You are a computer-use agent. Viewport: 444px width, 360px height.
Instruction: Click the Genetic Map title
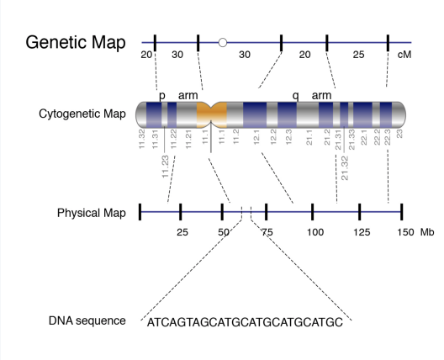click(x=77, y=41)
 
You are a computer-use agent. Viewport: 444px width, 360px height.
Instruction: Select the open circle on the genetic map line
click(x=222, y=41)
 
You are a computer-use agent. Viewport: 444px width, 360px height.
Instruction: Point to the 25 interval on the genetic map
click(x=358, y=55)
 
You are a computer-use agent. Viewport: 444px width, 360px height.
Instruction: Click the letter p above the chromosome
click(x=162, y=95)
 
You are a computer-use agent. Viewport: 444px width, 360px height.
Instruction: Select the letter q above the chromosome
click(x=295, y=95)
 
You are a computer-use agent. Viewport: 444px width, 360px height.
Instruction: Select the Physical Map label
click(x=92, y=213)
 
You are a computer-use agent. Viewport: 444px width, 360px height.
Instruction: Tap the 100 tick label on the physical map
click(x=314, y=231)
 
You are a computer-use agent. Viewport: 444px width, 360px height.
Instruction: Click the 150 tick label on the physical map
click(x=405, y=231)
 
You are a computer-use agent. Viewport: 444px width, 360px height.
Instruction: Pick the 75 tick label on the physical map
click(x=267, y=231)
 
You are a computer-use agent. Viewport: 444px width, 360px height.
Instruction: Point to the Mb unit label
click(x=428, y=231)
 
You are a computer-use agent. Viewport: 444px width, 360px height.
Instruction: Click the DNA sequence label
click(x=87, y=320)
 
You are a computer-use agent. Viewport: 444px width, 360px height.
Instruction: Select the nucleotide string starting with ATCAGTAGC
click(x=245, y=322)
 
